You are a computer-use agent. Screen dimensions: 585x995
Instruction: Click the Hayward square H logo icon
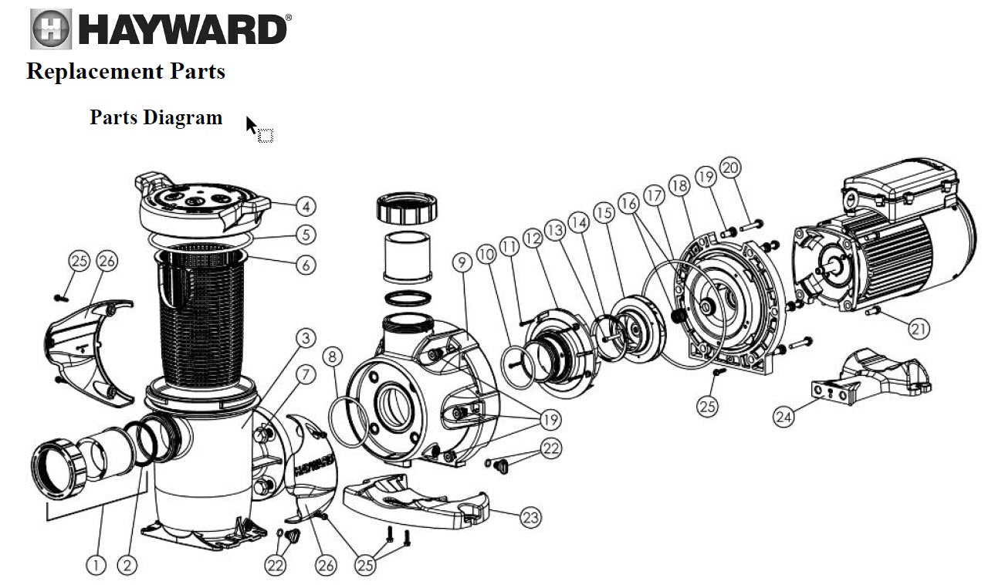click(51, 29)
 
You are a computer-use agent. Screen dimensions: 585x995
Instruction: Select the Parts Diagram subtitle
click(156, 118)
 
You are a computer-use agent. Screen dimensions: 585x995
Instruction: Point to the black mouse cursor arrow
click(251, 124)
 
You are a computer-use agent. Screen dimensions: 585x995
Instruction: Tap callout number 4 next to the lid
click(306, 207)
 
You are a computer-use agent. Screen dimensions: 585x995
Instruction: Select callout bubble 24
click(784, 417)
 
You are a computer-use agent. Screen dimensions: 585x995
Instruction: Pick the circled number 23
click(530, 517)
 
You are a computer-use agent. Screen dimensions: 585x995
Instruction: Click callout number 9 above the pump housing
click(462, 263)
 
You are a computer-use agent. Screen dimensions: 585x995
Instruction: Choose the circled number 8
click(332, 357)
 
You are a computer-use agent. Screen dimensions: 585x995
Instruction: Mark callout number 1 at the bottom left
click(96, 566)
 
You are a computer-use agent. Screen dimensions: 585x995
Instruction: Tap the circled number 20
click(730, 167)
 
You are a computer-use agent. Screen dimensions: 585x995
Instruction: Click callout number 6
click(306, 265)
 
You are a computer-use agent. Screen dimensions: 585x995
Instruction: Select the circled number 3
click(306, 338)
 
